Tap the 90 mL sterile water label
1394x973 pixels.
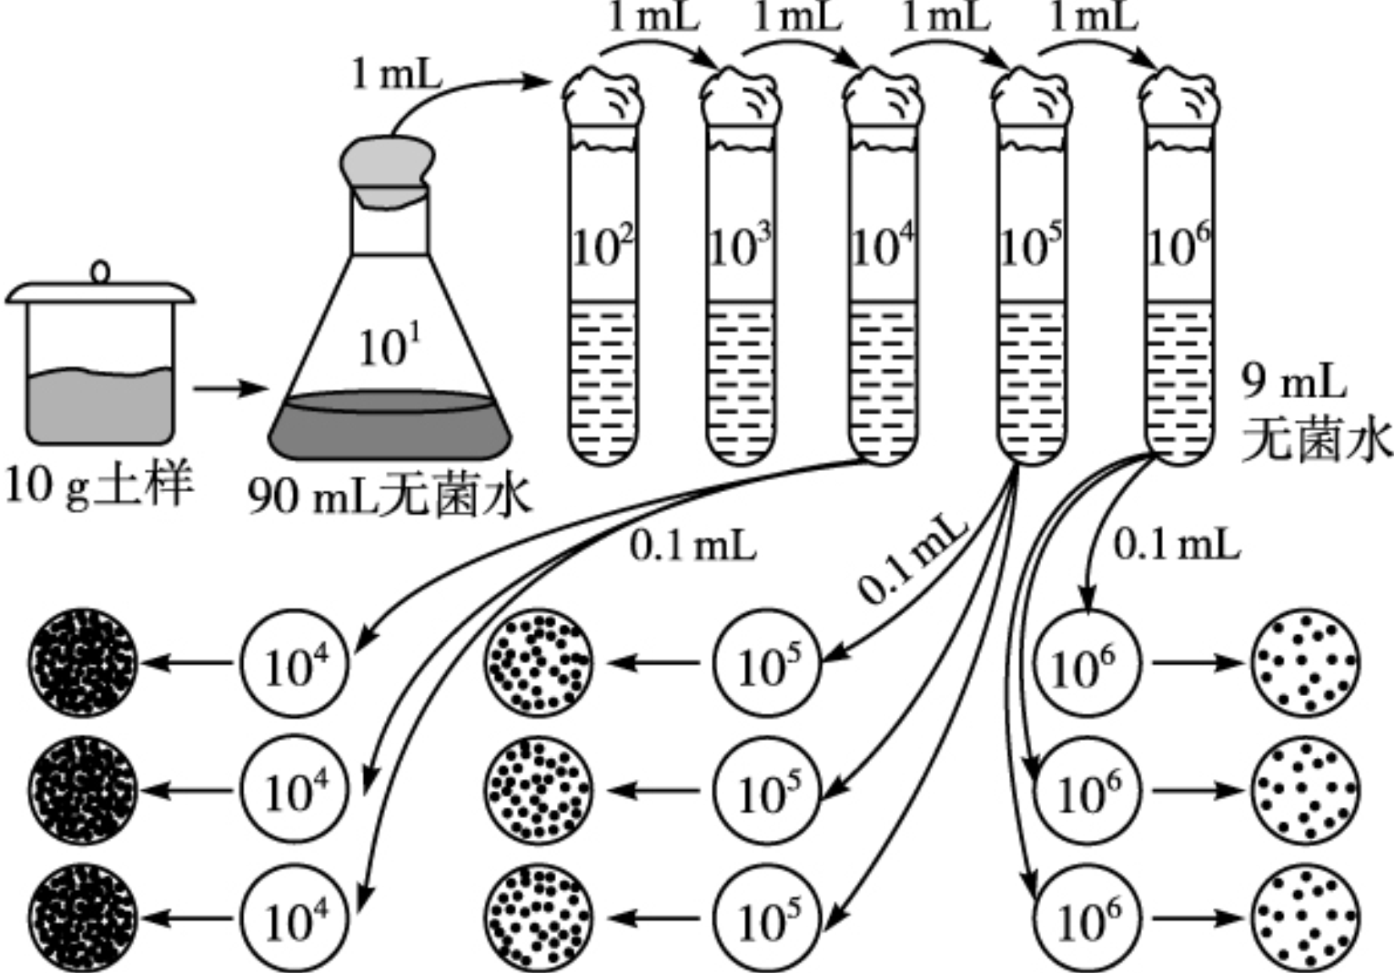[x=389, y=496]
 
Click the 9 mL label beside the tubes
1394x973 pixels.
[x=1293, y=383]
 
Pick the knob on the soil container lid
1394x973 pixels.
[x=101, y=272]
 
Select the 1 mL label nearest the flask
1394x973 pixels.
[x=396, y=75]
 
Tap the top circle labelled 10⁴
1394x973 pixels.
[x=295, y=662]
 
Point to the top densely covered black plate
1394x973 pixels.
[x=82, y=662]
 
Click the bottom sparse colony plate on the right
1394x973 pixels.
[x=1304, y=918]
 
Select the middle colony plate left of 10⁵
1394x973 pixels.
[x=538, y=790]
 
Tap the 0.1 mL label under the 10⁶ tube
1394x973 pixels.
[x=1176, y=545]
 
